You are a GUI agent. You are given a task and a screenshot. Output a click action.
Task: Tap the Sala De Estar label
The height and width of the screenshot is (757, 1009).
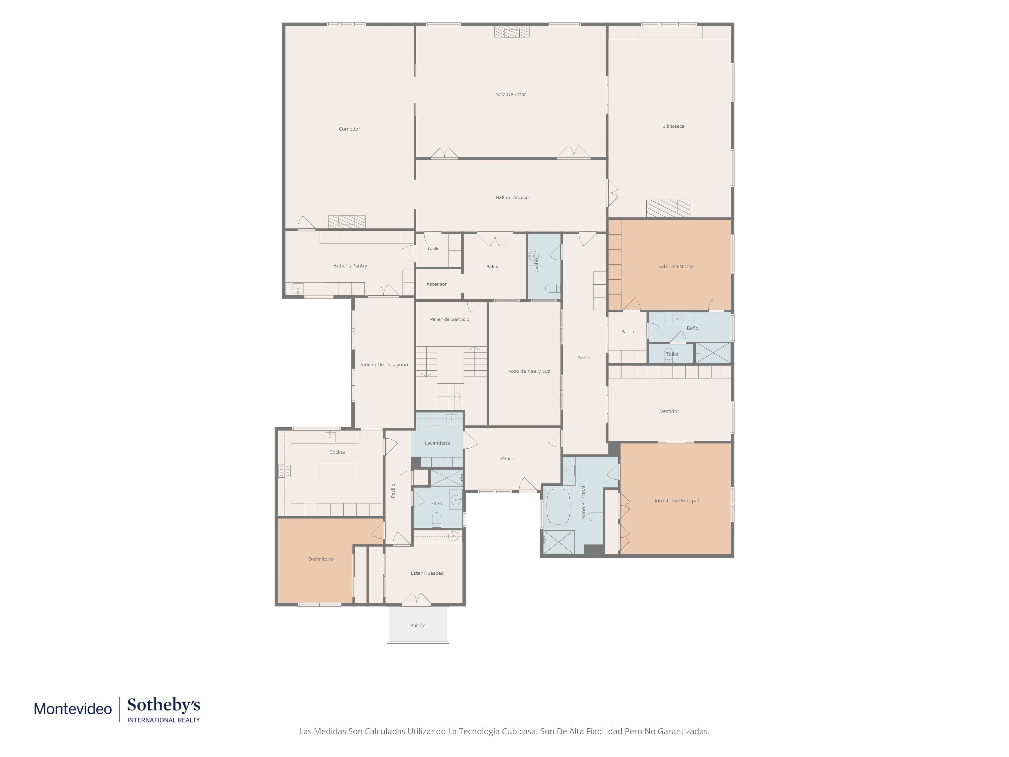(511, 94)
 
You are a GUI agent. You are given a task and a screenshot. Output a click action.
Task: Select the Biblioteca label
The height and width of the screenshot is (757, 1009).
(673, 126)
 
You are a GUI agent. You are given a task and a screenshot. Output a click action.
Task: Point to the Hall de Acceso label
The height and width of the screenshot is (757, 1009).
(512, 198)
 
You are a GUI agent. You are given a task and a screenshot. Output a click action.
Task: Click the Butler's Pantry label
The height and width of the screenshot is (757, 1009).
(350, 265)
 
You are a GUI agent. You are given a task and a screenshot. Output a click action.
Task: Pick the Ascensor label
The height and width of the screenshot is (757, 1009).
(437, 284)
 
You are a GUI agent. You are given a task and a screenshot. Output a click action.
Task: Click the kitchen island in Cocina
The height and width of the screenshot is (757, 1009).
(338, 473)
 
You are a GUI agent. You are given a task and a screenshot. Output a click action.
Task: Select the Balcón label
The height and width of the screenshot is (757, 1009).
(418, 626)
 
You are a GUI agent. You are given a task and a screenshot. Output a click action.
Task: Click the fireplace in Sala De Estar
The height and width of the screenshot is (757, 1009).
(512, 32)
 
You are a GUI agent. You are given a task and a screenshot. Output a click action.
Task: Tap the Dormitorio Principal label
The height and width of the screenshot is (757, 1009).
(676, 501)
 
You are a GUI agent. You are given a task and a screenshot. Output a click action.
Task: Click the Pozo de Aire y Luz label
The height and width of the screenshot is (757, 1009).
(529, 371)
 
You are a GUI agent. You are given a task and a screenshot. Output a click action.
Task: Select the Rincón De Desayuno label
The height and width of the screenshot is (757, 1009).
(384, 365)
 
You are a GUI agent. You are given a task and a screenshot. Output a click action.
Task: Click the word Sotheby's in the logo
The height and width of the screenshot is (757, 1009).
(164, 705)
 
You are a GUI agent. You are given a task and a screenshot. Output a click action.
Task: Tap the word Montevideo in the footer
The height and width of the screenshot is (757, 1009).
(73, 709)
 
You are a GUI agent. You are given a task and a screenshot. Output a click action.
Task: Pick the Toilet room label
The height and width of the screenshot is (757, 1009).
(672, 354)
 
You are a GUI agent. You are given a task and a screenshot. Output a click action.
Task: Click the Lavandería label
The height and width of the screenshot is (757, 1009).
(437, 443)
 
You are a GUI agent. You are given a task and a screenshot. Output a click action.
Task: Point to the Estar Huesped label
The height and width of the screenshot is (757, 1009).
(427, 573)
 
